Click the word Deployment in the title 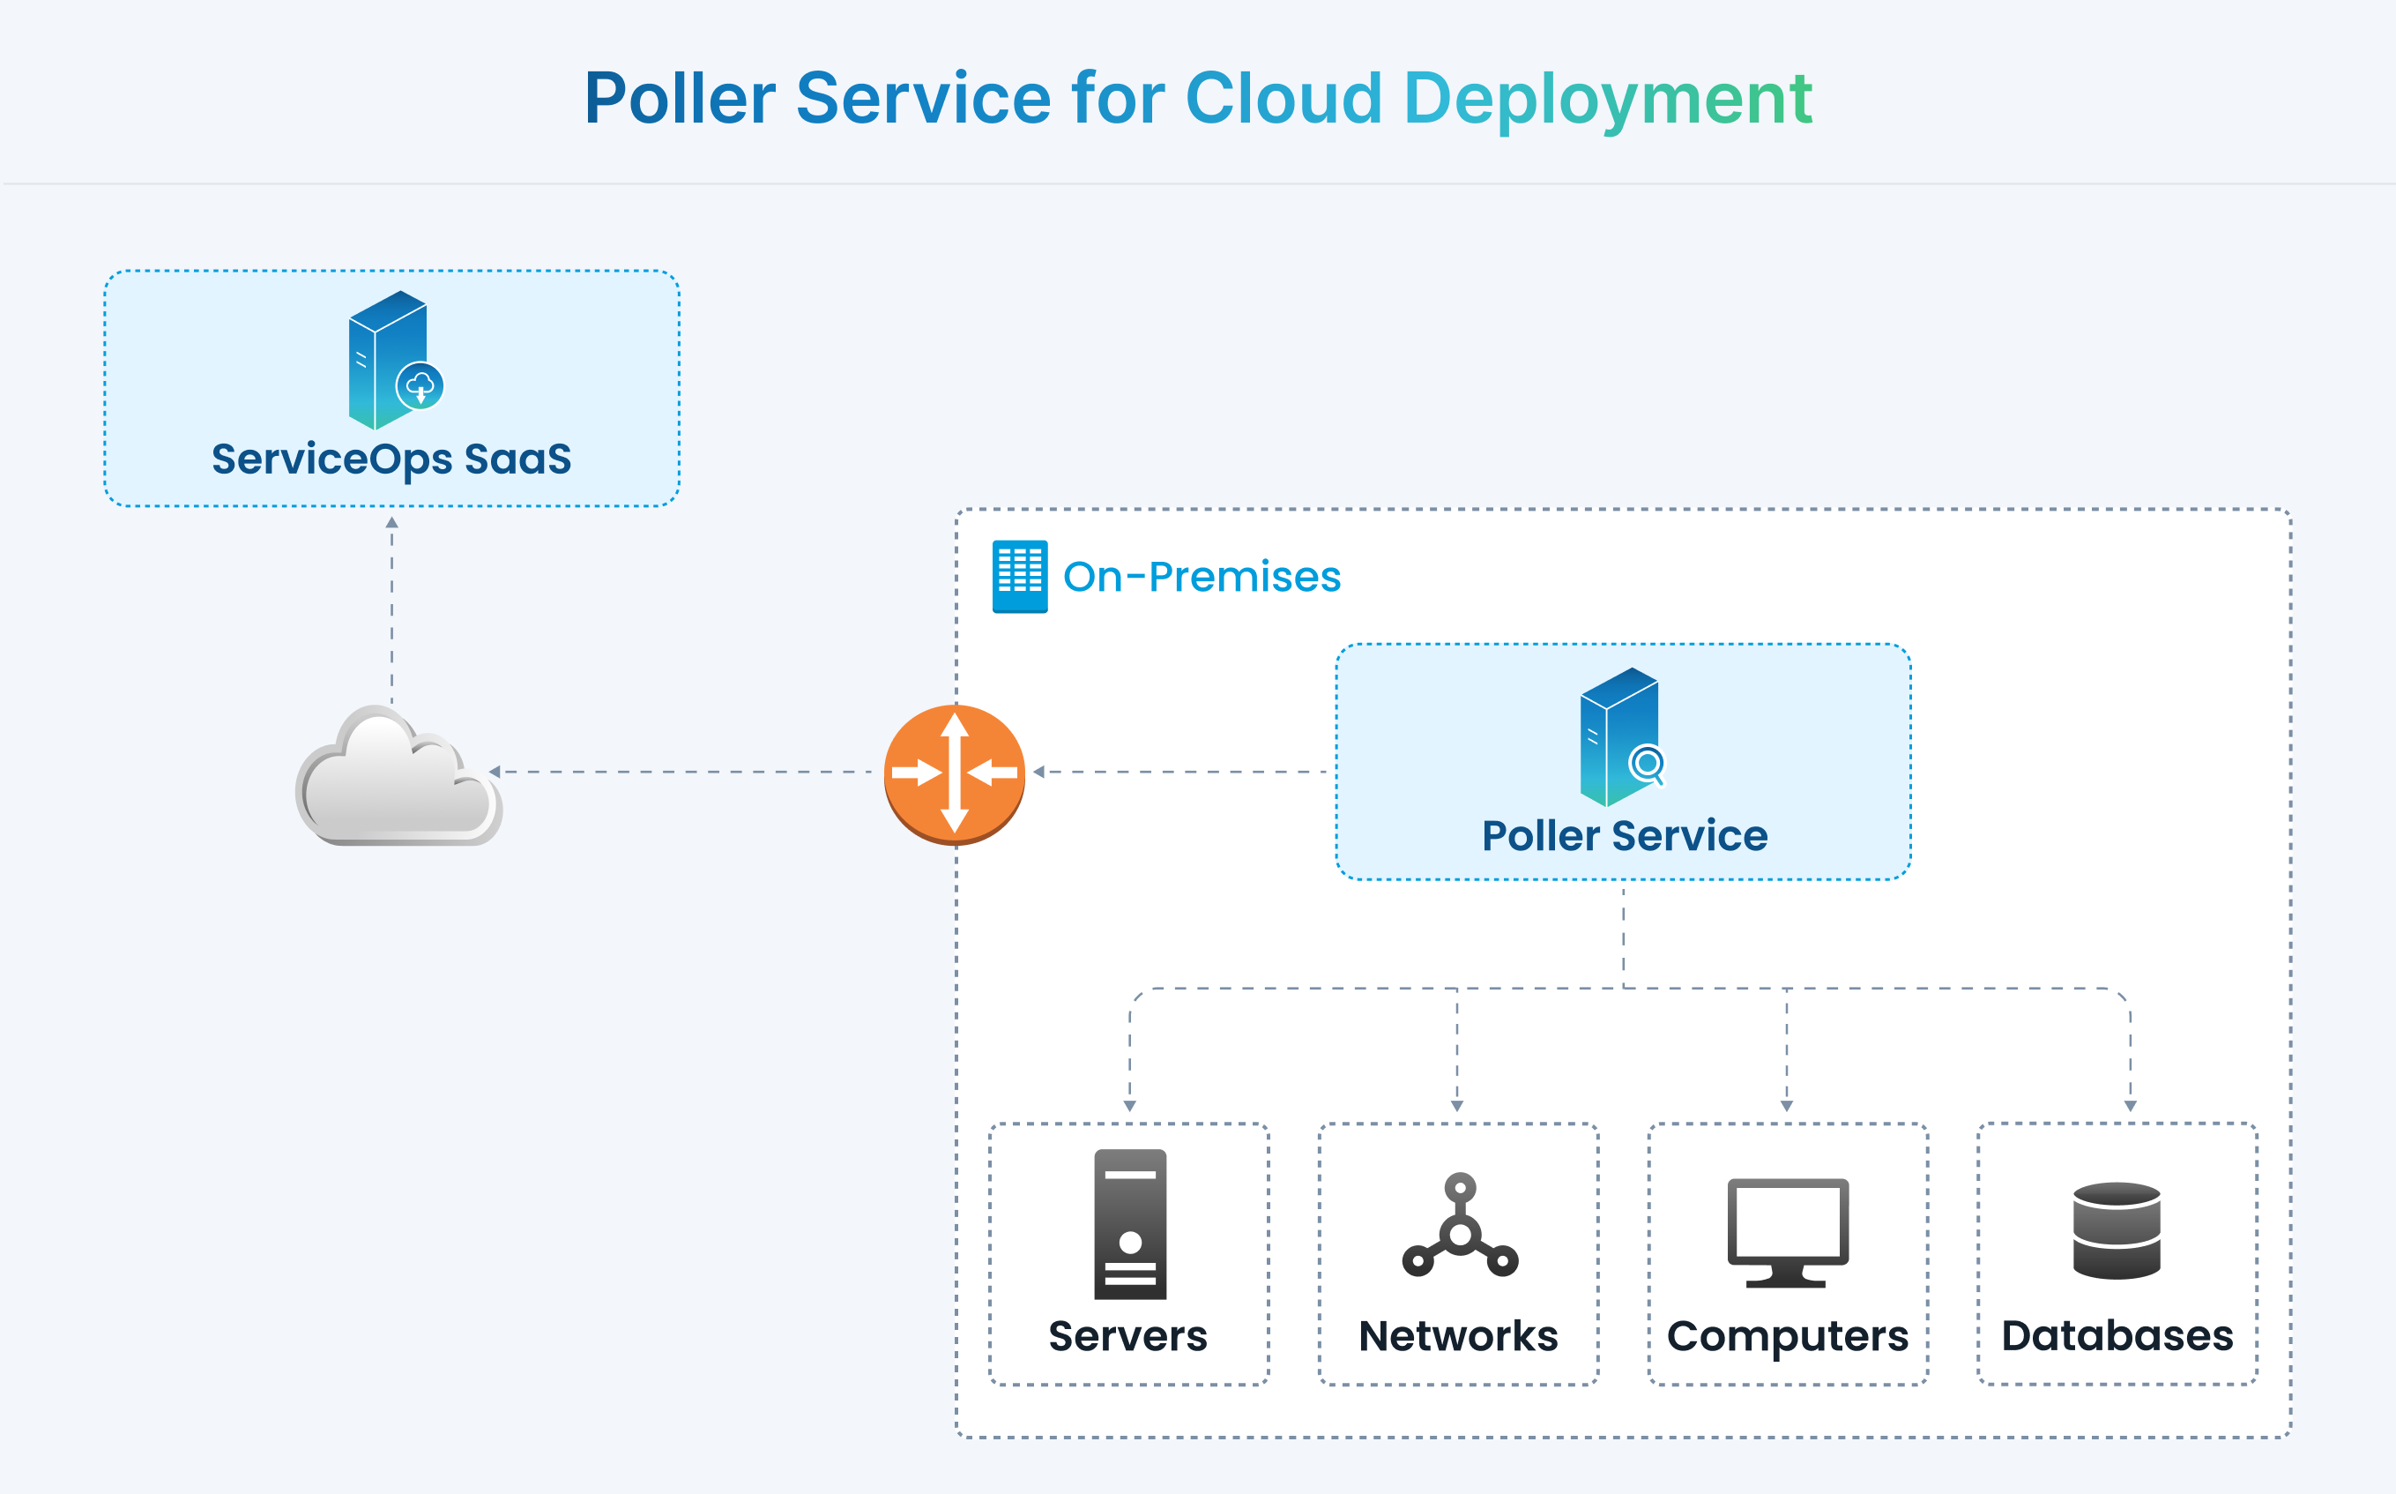click(x=1607, y=99)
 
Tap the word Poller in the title click(x=680, y=99)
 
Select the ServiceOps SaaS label click(x=391, y=459)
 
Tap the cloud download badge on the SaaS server click(x=420, y=386)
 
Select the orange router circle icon click(x=954, y=773)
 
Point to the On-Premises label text click(x=1201, y=576)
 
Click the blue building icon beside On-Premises click(x=1019, y=576)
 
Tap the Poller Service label click(x=1624, y=836)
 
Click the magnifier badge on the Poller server click(x=1648, y=764)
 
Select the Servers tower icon click(x=1130, y=1223)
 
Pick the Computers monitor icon click(x=1787, y=1231)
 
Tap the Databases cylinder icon click(x=2117, y=1230)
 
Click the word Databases click(x=2117, y=1336)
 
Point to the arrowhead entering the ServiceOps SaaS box click(x=392, y=522)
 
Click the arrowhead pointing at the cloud click(x=495, y=772)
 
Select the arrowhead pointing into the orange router click(x=1039, y=772)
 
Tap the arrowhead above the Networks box click(x=1457, y=1106)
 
